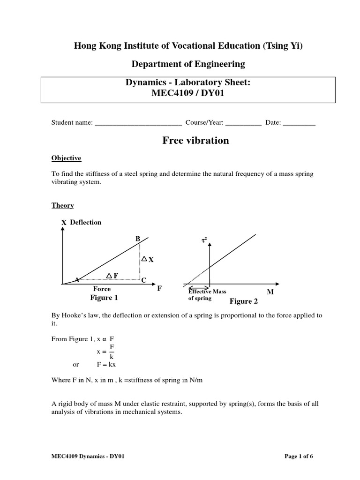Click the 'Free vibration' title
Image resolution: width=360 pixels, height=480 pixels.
[x=195, y=141]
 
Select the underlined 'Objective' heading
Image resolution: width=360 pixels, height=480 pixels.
[x=66, y=158]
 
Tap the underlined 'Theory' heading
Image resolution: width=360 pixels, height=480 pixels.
[x=62, y=205]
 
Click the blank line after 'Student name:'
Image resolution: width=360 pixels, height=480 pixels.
[x=138, y=123]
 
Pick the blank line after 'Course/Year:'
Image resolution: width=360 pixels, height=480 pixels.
[x=243, y=123]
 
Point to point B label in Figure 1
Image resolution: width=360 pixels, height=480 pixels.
[x=138, y=239]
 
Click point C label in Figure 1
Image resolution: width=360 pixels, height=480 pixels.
[x=144, y=280]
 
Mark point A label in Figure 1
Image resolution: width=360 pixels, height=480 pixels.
[x=77, y=280]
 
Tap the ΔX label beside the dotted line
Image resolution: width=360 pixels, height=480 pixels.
[x=148, y=259]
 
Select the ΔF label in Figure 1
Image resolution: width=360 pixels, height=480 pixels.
[x=112, y=275]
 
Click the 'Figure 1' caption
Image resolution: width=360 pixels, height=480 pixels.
[x=104, y=298]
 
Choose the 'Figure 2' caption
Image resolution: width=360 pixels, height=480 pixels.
[x=243, y=301]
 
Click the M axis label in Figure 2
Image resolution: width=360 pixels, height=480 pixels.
[x=270, y=292]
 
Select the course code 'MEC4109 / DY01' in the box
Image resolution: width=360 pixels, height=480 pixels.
[x=187, y=92]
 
